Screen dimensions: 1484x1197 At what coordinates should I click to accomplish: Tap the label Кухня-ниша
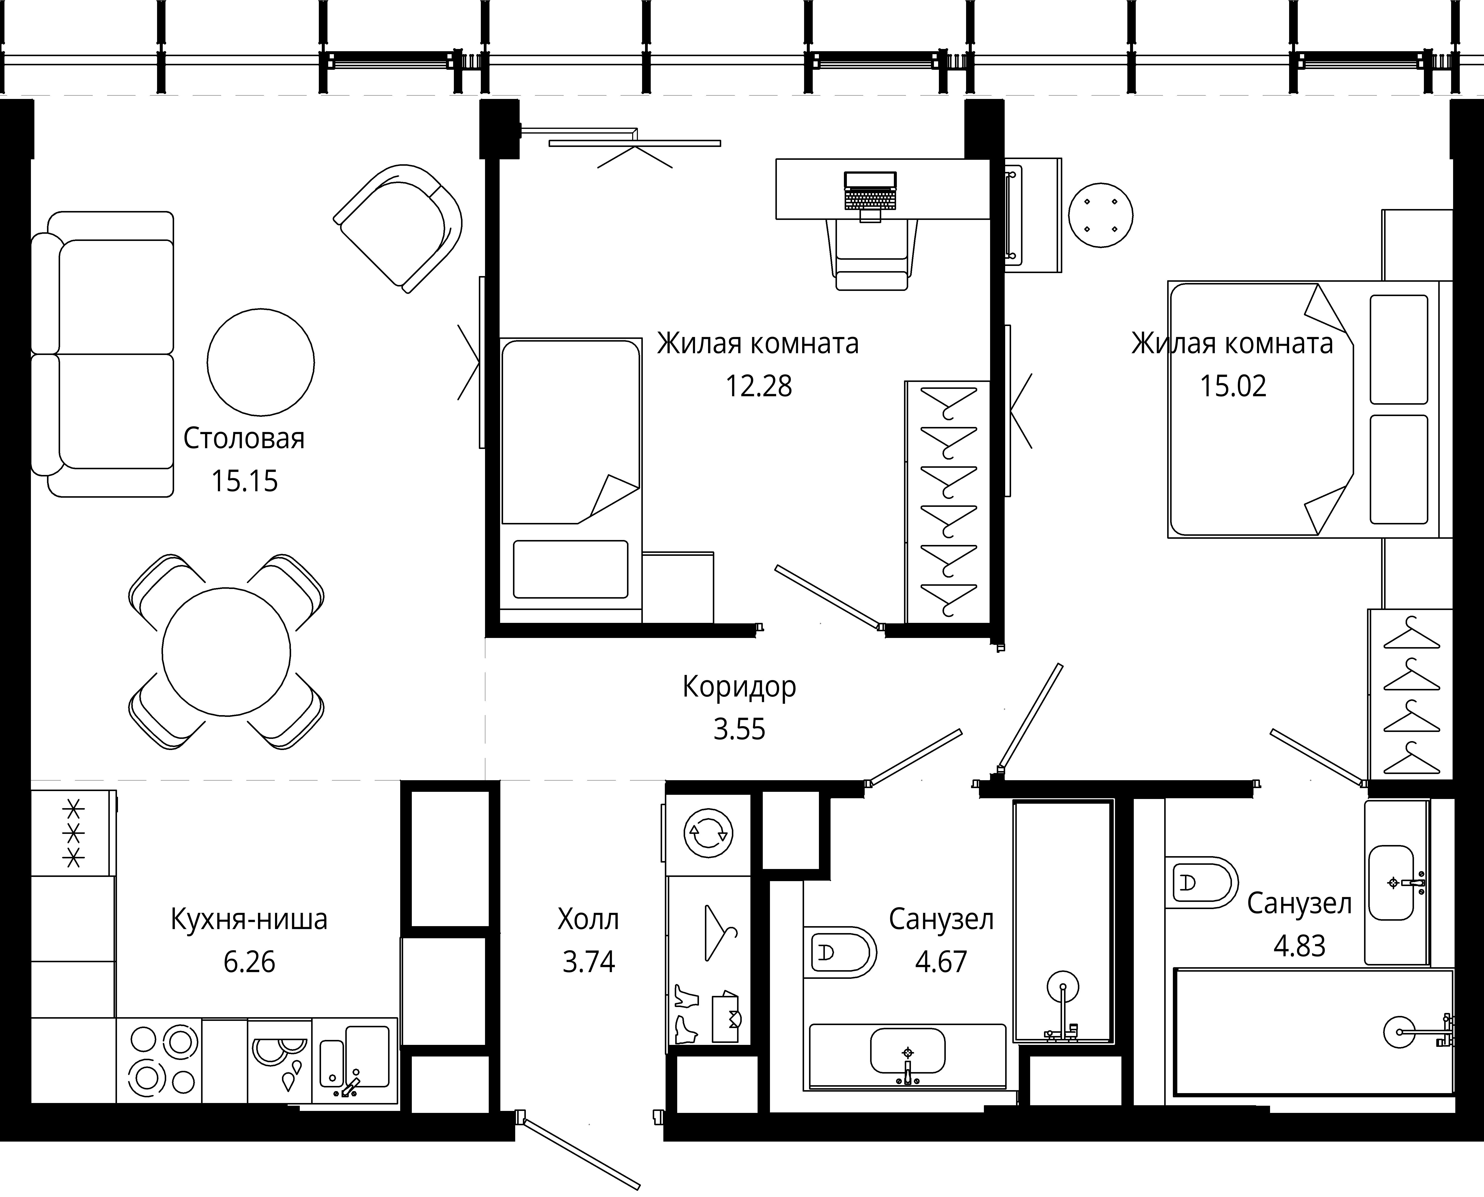[249, 919]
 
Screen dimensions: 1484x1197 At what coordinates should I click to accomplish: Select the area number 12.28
[758, 386]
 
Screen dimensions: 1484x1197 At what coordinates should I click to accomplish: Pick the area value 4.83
[1299, 946]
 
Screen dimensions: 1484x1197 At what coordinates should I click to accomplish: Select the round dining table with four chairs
[226, 652]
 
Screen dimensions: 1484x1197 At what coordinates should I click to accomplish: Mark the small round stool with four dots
[1101, 215]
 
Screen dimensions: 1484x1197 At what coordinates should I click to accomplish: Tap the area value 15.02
[1233, 386]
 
